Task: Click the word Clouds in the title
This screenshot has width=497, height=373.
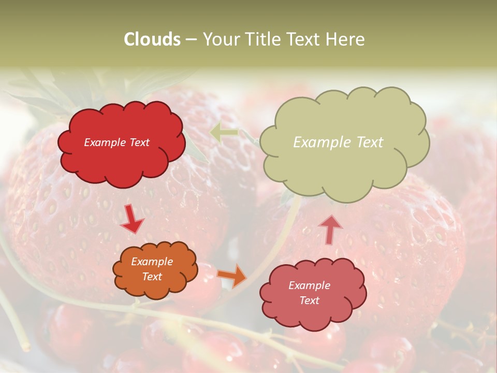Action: [152, 39]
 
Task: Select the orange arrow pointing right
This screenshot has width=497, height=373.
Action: [232, 276]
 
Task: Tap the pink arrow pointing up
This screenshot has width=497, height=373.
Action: [330, 229]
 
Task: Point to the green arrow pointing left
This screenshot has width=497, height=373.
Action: [224, 133]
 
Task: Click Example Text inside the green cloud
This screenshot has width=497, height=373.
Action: [338, 142]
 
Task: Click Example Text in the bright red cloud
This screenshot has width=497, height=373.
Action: [117, 142]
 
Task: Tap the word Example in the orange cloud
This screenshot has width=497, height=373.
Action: [152, 262]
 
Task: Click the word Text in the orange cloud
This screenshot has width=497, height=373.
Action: [152, 277]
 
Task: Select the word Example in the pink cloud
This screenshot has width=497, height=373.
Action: [309, 285]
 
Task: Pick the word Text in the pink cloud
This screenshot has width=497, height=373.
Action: [309, 300]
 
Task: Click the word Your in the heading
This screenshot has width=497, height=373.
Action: [220, 39]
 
